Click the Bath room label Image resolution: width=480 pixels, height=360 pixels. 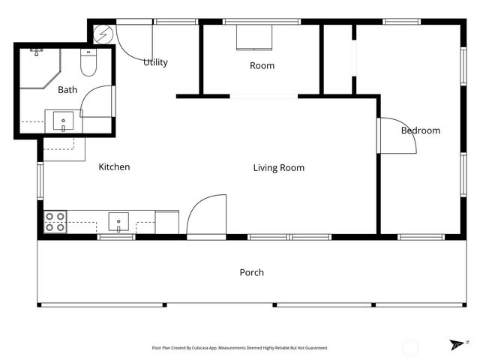point(67,90)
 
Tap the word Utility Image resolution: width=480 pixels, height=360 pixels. point(155,62)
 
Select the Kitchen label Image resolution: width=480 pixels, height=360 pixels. point(114,166)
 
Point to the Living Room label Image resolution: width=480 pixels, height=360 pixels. point(279,168)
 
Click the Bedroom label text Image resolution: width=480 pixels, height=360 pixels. point(421,130)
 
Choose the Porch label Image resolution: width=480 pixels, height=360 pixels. point(252,272)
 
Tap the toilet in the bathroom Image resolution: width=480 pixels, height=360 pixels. point(88,62)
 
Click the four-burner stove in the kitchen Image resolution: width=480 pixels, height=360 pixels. point(55,222)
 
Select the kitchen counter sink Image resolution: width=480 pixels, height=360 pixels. point(118,222)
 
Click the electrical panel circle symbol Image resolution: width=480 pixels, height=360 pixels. point(103,34)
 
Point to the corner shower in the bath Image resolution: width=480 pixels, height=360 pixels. point(40,68)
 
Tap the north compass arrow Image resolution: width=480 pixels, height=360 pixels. point(456,345)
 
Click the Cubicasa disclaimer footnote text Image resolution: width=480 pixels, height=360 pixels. point(240,348)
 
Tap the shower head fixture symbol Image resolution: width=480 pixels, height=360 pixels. point(37,52)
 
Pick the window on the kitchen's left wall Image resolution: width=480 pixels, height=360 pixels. point(40,181)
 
